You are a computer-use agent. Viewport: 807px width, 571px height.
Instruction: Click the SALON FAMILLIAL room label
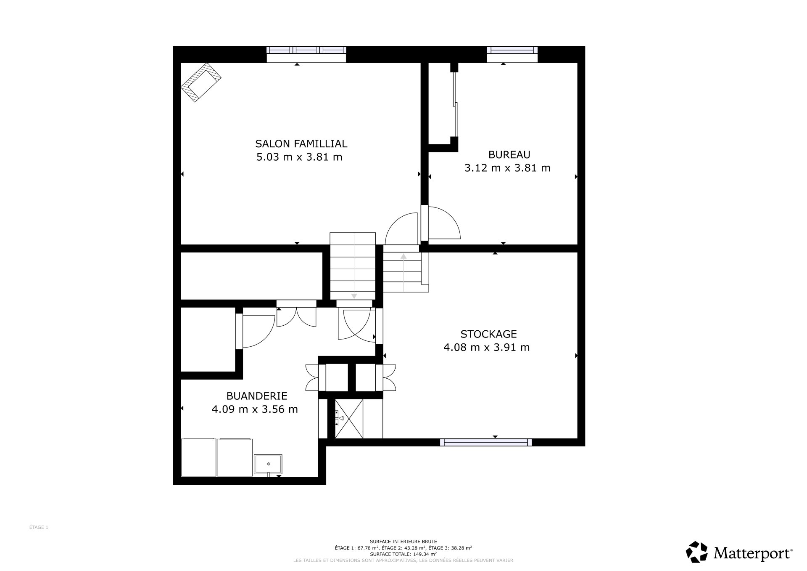[301, 144]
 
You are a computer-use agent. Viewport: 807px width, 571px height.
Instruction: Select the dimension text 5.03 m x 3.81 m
[299, 157]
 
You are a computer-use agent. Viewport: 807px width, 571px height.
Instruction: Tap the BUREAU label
[509, 154]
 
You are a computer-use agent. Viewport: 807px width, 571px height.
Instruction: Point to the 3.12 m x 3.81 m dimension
[507, 168]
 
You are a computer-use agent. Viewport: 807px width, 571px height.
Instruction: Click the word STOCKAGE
[488, 334]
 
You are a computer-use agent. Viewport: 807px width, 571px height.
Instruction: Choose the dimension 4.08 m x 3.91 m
[486, 348]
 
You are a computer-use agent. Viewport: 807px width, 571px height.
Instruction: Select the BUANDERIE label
[256, 396]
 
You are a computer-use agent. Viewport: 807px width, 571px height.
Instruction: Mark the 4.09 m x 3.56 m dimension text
[255, 409]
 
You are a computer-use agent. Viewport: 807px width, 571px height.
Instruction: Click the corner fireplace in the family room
[201, 82]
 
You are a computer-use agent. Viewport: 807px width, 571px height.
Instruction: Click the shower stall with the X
[349, 419]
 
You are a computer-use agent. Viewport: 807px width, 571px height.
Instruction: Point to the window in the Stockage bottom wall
[485, 442]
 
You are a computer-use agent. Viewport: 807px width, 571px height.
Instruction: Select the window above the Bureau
[512, 50]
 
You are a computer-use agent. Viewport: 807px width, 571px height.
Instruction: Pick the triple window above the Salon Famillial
[306, 50]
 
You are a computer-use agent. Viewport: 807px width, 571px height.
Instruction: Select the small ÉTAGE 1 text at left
[39, 527]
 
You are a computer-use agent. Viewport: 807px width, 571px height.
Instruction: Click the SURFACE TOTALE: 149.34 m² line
[403, 554]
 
